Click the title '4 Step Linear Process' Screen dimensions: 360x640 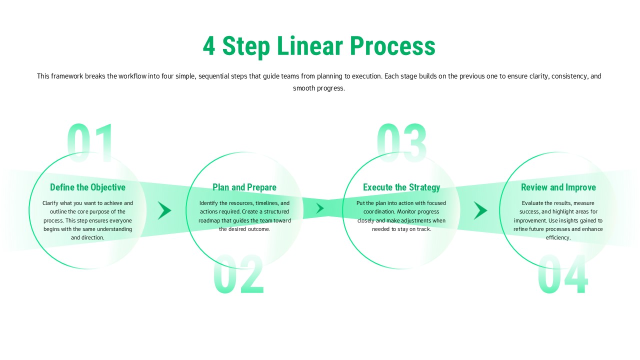319,46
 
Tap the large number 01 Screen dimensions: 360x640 90,143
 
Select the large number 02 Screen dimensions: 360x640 238,274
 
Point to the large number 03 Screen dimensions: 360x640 401,143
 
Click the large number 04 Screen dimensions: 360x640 562,274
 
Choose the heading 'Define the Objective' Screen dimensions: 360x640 87,187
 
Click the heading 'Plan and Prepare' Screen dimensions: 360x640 244,187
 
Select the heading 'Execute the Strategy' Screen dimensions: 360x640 401,187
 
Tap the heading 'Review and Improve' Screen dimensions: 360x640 558,187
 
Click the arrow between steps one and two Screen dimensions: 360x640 164,210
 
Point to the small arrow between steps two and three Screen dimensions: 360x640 320,208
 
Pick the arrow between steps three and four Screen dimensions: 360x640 480,210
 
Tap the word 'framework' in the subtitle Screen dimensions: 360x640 67,76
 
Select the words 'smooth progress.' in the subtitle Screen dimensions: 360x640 319,88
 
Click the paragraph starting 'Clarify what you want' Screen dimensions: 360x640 87,220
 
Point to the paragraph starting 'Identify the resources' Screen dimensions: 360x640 244,216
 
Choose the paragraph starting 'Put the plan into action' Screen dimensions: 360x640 401,216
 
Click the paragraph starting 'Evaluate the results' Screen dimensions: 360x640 558,220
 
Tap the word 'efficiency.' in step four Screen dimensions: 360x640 558,237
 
